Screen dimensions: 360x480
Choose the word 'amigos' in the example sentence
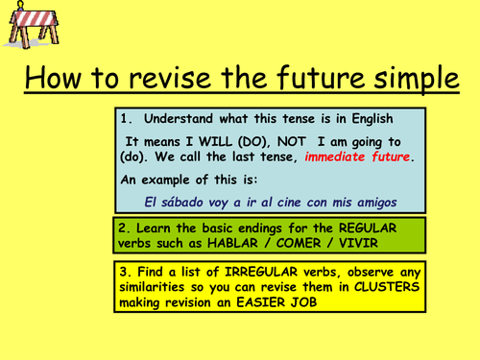[372, 200]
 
